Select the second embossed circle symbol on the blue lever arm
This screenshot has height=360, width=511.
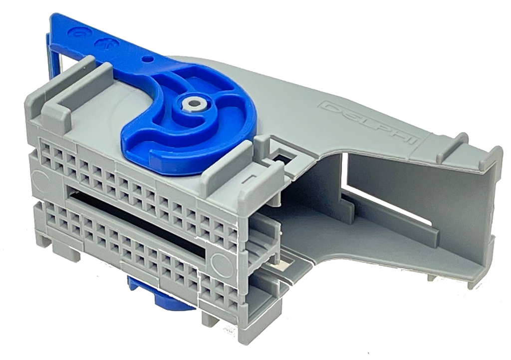tap(105, 43)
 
